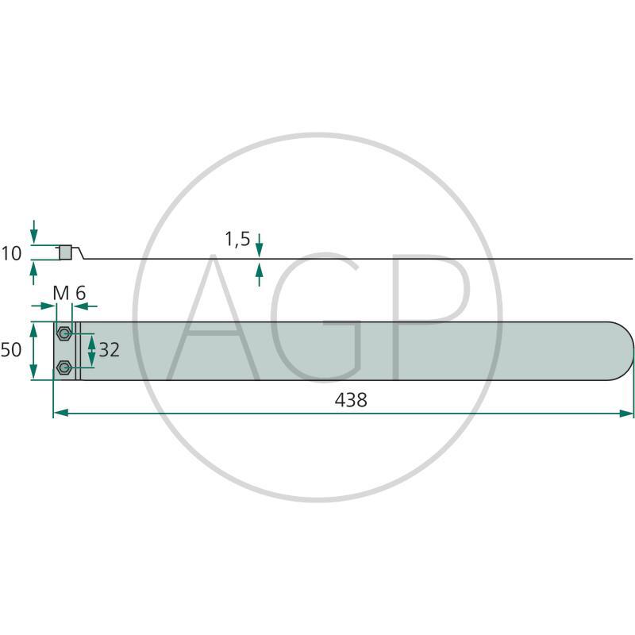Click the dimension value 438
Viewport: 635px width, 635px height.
[351, 400]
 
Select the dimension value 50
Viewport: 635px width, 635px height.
[11, 350]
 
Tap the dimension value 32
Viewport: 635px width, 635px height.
[110, 350]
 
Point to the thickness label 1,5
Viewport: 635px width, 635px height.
[237, 239]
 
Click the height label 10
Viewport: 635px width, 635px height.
[11, 254]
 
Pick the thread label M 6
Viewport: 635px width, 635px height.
[69, 293]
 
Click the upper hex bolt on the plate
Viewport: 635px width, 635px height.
[63, 333]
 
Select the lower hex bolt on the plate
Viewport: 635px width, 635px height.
[63, 368]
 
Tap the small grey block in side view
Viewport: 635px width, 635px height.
[65, 252]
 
